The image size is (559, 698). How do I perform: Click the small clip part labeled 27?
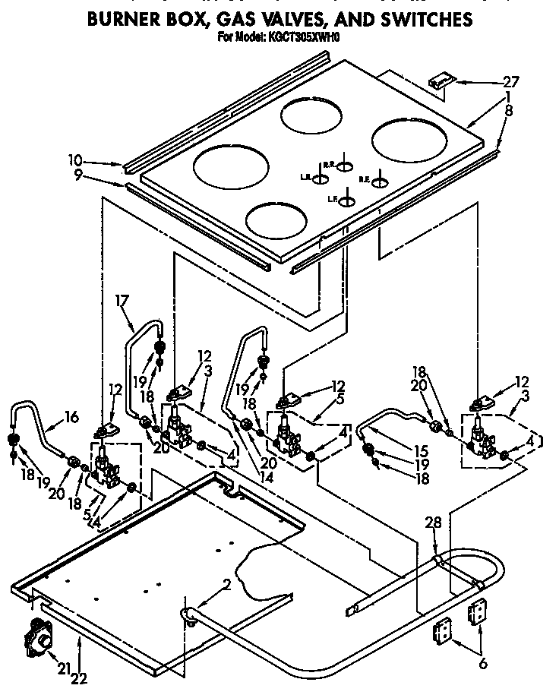pos(441,81)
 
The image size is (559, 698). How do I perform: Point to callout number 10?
pos(74,161)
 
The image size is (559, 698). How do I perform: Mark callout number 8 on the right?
pos(509,110)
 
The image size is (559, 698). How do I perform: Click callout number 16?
pos(71,417)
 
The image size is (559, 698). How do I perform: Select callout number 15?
pos(400,450)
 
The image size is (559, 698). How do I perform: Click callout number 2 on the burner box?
pos(226,583)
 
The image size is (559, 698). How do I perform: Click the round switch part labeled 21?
pos(38,639)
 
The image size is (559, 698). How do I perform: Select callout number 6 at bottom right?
pos(482,662)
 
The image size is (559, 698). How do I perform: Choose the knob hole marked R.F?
pos(379,182)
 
